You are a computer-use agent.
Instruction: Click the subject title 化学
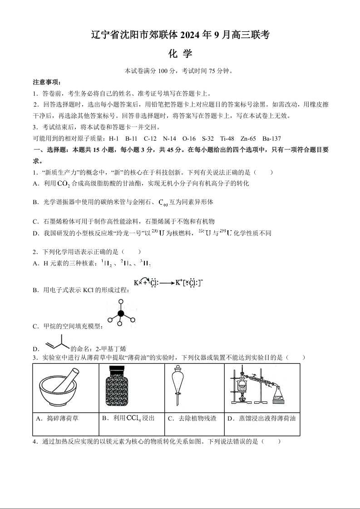[x=180, y=54]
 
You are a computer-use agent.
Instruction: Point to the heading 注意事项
[x=47, y=82]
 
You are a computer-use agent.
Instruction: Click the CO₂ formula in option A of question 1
[x=64, y=183]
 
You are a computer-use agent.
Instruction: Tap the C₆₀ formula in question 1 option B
[x=163, y=202]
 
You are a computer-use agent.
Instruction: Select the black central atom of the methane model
[x=121, y=313]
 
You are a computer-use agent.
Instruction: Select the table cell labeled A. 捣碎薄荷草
[x=65, y=418]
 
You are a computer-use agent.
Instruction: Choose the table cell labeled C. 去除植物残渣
[x=194, y=418]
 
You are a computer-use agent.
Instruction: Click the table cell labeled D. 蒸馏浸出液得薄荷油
[x=262, y=418]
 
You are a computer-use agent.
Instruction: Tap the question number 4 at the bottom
[x=35, y=441]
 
